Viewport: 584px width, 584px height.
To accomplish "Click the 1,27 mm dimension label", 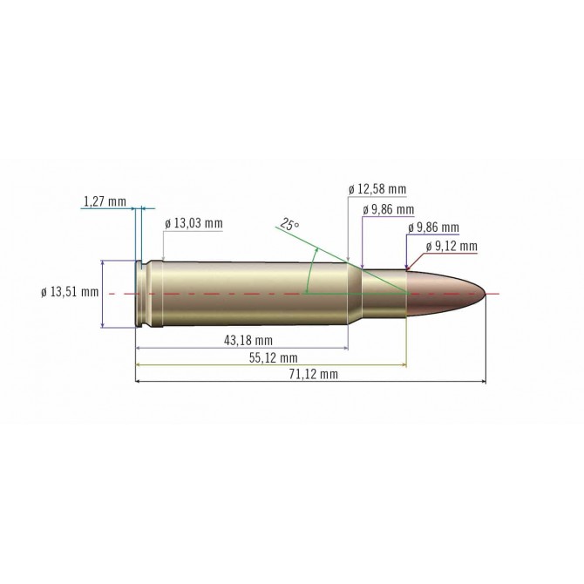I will pyautogui.click(x=104, y=202).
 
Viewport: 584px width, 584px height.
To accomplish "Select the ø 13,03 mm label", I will pyautogui.click(x=194, y=223).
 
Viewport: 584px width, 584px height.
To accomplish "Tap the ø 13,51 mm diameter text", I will pyautogui.click(x=70, y=292).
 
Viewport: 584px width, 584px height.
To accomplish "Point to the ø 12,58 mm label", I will pyautogui.click(x=377, y=189).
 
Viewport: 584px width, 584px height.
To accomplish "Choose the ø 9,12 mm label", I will pyautogui.click(x=452, y=247).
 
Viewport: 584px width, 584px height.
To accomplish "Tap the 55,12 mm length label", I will pyautogui.click(x=272, y=358).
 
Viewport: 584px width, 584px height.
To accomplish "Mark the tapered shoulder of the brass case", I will pyautogui.click(x=355, y=295).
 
